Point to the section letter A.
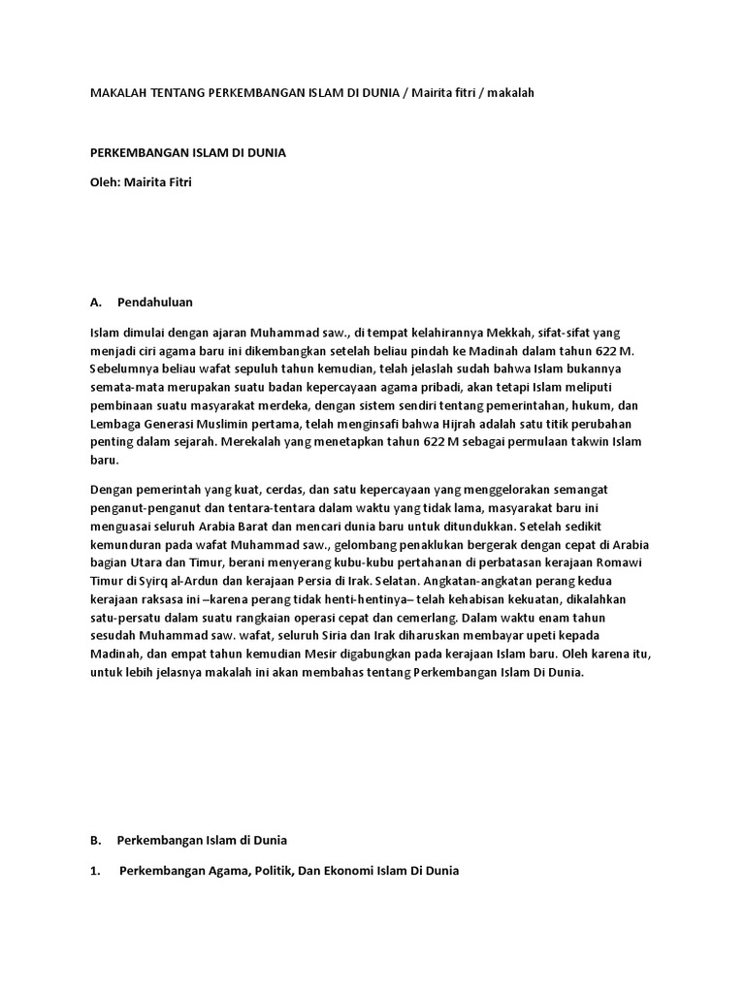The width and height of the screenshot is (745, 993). coord(95,302)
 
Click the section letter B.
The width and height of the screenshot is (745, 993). coord(94,839)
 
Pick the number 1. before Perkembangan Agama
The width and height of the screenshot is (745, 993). coord(95,870)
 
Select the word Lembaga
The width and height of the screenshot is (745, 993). coord(113,423)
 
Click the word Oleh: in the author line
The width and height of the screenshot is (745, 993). coord(105,182)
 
